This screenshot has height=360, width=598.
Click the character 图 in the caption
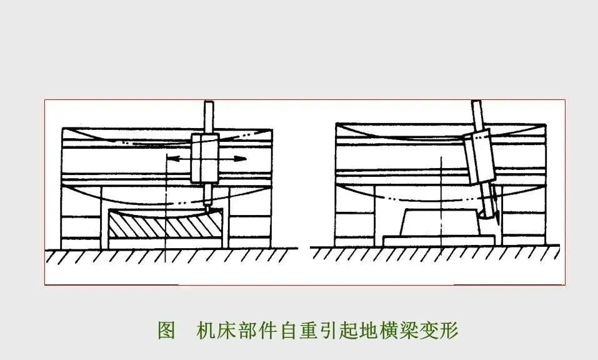(166, 329)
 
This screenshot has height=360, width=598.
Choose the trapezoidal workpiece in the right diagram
(441, 222)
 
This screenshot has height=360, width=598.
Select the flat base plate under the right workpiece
(437, 240)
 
